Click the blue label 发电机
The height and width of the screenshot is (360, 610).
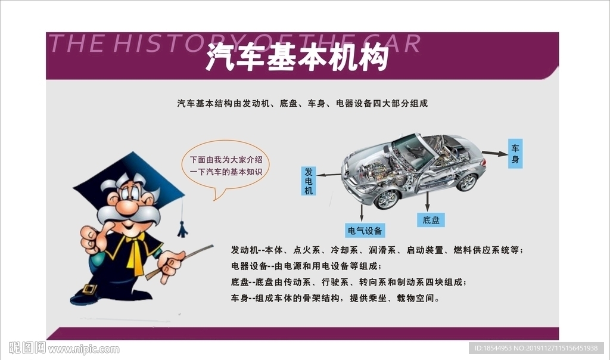pyautogui.click(x=309, y=181)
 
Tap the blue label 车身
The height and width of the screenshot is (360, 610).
pyautogui.click(x=515, y=154)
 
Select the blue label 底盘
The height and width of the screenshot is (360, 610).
pyautogui.click(x=431, y=220)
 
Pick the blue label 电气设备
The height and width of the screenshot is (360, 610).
pyautogui.click(x=365, y=231)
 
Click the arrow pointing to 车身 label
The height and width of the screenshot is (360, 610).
pyautogui.click(x=494, y=153)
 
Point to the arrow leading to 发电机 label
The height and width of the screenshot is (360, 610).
pyautogui.click(x=328, y=175)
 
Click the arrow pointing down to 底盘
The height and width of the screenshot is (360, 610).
pyautogui.click(x=427, y=201)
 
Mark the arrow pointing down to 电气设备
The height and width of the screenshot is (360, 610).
pyautogui.click(x=362, y=213)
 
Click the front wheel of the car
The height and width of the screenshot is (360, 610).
pyautogui.click(x=386, y=200)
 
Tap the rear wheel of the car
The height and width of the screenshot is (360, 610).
pyautogui.click(x=467, y=182)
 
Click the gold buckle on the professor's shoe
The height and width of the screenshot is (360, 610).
pyautogui.click(x=89, y=290)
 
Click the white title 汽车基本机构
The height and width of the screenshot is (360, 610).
pyautogui.click(x=298, y=58)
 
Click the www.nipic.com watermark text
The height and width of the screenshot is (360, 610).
pyautogui.click(x=83, y=349)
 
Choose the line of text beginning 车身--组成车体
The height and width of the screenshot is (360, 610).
pyautogui.click(x=335, y=299)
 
